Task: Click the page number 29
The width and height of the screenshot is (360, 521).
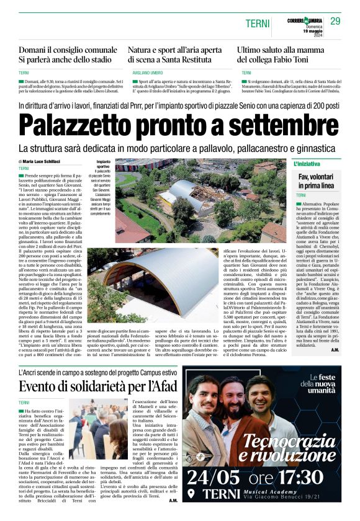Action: [x=335, y=22]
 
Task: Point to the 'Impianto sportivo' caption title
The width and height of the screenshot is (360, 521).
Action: [x=103, y=164]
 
